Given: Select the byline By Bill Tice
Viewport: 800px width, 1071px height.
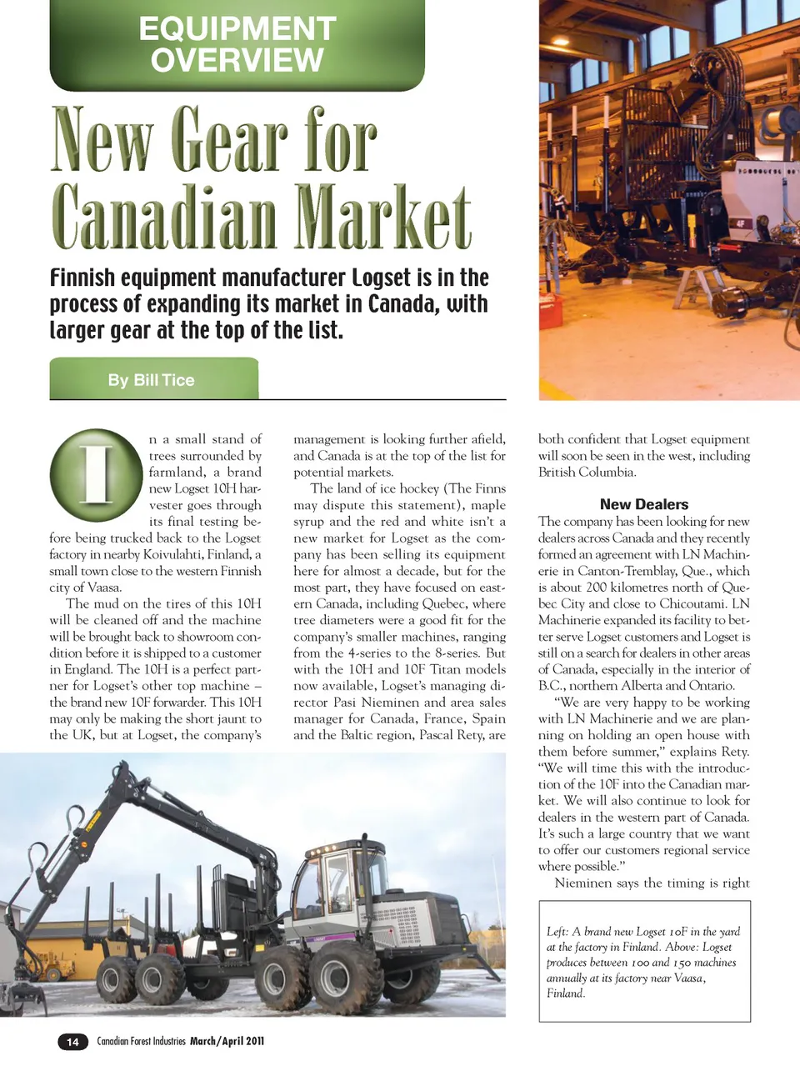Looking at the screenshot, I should [x=151, y=380].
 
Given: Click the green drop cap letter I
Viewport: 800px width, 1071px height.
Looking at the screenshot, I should [x=96, y=474].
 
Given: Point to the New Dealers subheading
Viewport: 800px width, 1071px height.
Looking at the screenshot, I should [x=644, y=504].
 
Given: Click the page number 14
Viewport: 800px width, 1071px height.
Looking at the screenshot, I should [x=72, y=1041].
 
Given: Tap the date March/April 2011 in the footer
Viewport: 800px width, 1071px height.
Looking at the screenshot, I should [x=227, y=1041].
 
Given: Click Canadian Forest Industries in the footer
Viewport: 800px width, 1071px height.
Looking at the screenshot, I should [x=142, y=1041].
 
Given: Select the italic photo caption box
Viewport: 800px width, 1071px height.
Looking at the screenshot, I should [x=644, y=962].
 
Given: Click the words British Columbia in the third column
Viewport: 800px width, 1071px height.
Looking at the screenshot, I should [x=587, y=473].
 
